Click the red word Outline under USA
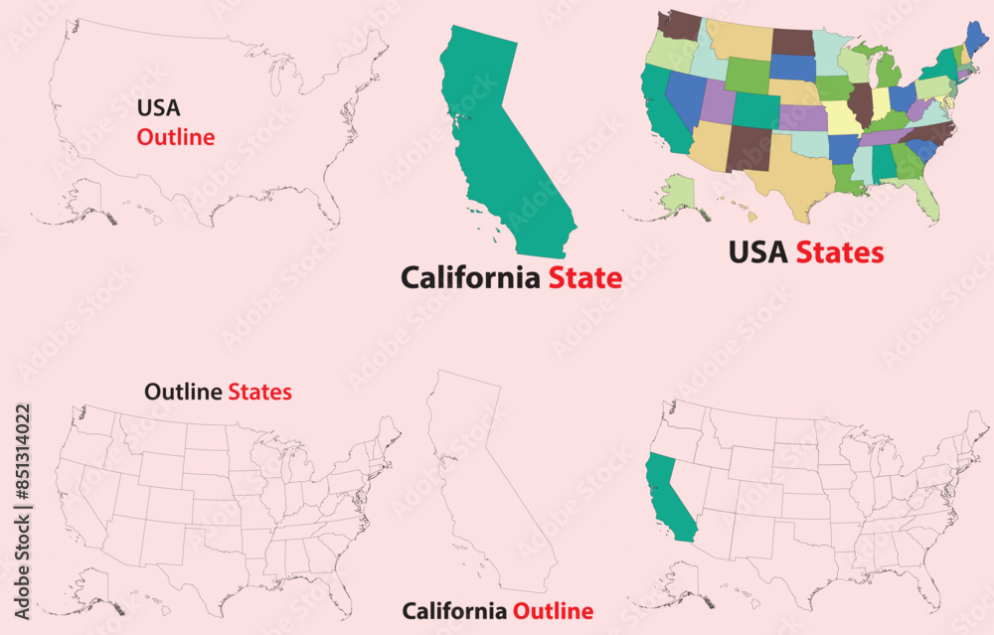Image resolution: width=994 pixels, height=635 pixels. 176,137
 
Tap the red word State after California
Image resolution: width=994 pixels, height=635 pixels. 585,278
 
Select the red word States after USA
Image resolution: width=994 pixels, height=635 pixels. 839,252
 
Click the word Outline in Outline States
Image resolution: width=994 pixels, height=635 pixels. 183,392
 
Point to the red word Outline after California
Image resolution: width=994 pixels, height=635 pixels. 553,611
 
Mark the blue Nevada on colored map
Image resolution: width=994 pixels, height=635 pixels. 685,95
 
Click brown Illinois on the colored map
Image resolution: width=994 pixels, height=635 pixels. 860,102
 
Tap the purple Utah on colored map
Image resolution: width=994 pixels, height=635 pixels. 718,102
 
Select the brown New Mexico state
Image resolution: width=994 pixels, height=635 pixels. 748,148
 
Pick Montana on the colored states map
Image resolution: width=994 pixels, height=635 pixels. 739,39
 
